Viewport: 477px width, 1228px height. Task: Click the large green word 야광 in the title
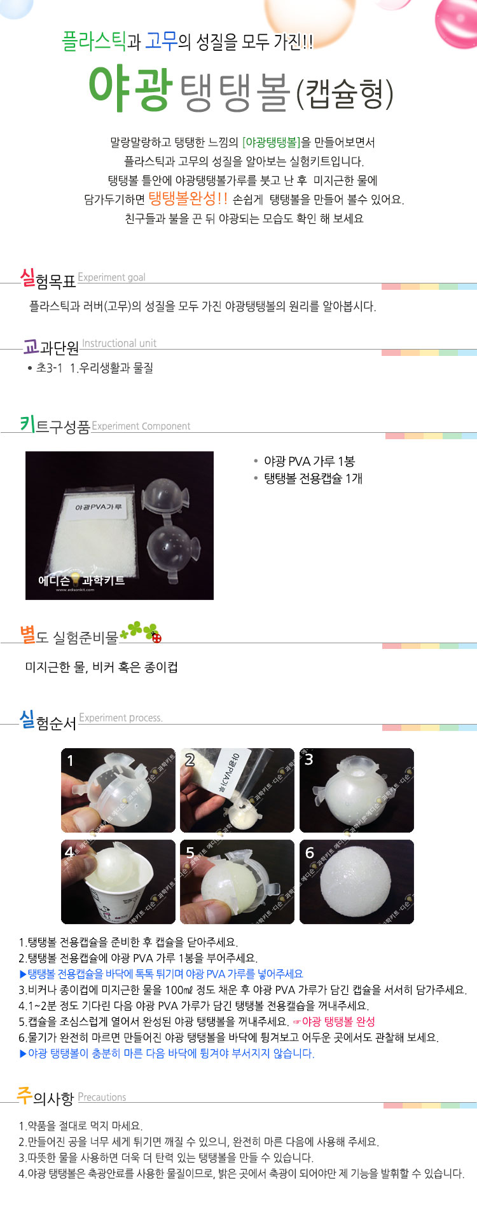click(130, 88)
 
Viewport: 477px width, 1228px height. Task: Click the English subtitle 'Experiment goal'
click(111, 277)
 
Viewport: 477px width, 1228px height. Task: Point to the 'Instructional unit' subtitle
click(119, 343)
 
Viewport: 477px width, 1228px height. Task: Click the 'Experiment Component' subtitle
click(141, 426)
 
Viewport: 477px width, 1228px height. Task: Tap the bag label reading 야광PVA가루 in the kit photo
click(98, 507)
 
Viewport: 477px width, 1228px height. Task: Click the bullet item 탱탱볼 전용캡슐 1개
click(313, 478)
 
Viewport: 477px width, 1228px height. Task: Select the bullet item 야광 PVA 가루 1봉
click(309, 461)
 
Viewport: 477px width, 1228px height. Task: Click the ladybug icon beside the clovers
click(156, 638)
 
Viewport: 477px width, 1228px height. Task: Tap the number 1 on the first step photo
click(70, 760)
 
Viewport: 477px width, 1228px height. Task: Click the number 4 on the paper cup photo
click(69, 852)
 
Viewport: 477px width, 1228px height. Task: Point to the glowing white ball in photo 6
click(356, 882)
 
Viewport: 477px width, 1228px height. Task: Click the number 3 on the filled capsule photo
click(308, 760)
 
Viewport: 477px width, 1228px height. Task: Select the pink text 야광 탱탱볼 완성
click(338, 1021)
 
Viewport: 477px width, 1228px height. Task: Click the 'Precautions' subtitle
click(102, 1097)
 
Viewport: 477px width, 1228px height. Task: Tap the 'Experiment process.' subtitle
click(121, 718)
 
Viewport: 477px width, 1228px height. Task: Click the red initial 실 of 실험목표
click(27, 277)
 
